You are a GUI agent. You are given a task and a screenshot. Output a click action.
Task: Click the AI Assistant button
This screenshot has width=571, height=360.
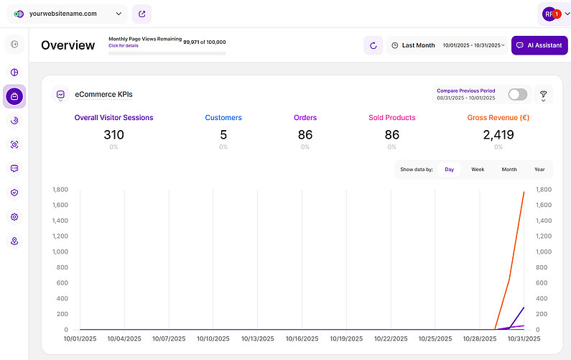click(x=539, y=45)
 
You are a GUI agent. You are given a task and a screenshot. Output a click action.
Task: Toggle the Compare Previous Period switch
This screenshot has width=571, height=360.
click(x=517, y=95)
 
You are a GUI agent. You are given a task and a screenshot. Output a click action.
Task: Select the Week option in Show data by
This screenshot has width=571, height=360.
click(x=478, y=170)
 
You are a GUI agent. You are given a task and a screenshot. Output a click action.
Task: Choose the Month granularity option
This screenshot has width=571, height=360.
click(x=509, y=170)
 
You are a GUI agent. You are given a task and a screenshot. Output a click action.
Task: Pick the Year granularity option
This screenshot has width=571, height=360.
click(x=539, y=170)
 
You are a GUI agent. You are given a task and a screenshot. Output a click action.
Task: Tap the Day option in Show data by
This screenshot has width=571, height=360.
click(x=449, y=170)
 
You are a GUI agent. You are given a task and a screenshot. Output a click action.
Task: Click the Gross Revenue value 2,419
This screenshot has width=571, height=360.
click(x=498, y=134)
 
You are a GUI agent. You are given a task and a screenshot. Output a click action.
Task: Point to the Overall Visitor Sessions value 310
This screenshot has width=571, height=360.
click(x=113, y=134)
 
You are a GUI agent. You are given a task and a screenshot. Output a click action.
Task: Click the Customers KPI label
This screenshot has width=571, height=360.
click(x=223, y=118)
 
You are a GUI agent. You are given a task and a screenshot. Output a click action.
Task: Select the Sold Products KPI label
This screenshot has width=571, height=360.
click(x=391, y=118)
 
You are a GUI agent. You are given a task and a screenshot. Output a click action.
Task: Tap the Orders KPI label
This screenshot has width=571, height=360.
click(x=305, y=118)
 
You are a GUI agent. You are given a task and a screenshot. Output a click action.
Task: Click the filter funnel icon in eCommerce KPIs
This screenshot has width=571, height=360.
click(x=543, y=95)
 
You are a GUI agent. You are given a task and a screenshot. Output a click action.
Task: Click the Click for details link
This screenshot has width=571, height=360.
click(x=123, y=45)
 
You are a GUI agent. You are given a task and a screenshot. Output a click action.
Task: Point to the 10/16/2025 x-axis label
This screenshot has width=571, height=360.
click(x=302, y=338)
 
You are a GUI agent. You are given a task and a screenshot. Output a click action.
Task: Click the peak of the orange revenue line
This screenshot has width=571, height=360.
click(x=524, y=192)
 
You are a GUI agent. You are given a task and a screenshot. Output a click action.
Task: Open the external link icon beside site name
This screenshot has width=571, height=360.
click(x=141, y=14)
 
